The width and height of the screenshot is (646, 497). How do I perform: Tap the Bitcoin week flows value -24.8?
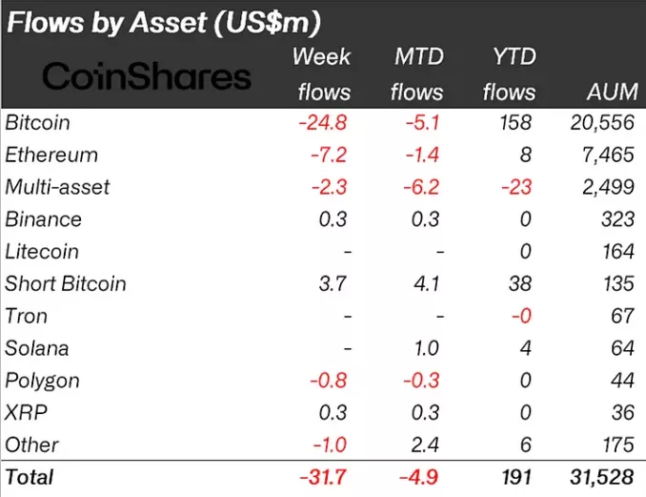coord(323,123)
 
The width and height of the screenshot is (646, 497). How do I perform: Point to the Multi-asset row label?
coord(57,187)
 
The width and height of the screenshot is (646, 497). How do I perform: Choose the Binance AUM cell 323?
coord(617,219)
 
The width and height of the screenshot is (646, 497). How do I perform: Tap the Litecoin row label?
coord(42,252)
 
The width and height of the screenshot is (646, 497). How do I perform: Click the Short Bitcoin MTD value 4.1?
coord(426,283)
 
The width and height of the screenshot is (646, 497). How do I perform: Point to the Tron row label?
coord(26,316)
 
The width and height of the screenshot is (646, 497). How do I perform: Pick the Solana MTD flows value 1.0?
coord(427,348)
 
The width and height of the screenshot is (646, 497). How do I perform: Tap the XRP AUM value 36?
coord(621,412)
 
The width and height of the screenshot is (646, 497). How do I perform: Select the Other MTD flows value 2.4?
coord(426,445)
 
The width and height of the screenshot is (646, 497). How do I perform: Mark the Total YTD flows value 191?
coord(517,477)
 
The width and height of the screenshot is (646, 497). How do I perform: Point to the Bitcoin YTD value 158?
coord(516,123)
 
